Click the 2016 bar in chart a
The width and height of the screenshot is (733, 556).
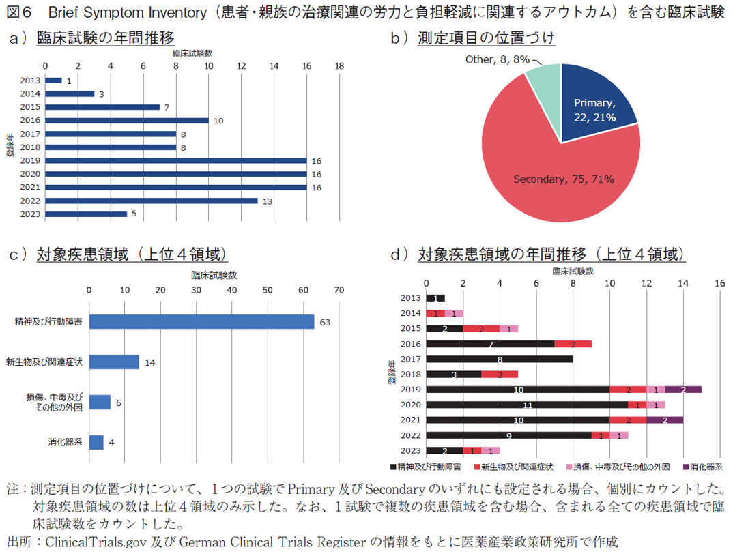pyautogui.click(x=126, y=120)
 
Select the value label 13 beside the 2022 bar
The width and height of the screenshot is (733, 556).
pyautogui.click(x=268, y=201)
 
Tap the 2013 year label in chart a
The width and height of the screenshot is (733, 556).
pyautogui.click(x=30, y=80)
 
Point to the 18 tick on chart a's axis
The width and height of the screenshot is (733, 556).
pyautogui.click(x=339, y=65)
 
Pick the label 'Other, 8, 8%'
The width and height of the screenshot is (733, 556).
pyautogui.click(x=498, y=59)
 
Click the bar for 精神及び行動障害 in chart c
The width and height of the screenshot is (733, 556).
pyautogui.click(x=201, y=321)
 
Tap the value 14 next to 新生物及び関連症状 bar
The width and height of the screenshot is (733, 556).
pyautogui.click(x=149, y=362)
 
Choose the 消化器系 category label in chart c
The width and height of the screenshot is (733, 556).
pyautogui.click(x=66, y=442)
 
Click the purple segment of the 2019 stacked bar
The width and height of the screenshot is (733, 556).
pyautogui.click(x=682, y=390)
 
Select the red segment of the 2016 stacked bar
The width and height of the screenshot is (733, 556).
pyautogui.click(x=573, y=344)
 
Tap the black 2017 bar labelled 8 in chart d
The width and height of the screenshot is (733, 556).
pyautogui.click(x=498, y=359)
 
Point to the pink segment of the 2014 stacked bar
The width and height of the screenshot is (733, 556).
pyautogui.click(x=454, y=313)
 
